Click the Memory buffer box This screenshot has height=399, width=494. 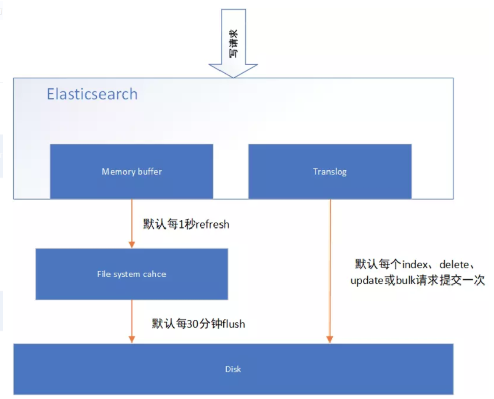coord(132,171)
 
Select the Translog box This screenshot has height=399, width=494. coord(330,171)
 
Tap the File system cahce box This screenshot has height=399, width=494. coord(131,274)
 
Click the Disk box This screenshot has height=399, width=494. coord(233,369)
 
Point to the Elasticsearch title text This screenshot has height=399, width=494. coord(92,94)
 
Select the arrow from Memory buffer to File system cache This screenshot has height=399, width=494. coord(132,222)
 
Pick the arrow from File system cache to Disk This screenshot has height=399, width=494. coord(132,321)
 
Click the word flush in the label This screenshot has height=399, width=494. coord(230,324)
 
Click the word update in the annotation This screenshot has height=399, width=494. coord(367,281)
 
